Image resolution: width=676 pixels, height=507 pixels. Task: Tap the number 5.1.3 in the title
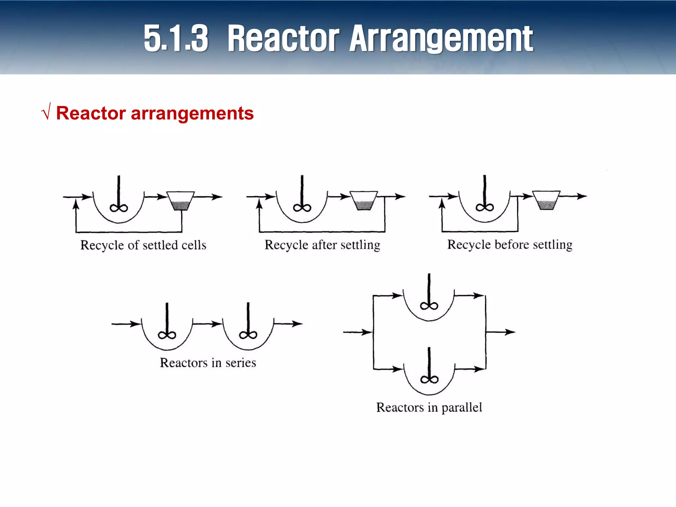pyautogui.click(x=176, y=39)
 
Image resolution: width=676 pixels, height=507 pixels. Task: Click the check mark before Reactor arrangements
pyautogui.click(x=46, y=112)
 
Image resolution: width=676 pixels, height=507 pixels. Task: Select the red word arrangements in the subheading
pyautogui.click(x=192, y=113)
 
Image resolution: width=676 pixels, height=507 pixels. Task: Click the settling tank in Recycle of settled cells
pyautogui.click(x=180, y=201)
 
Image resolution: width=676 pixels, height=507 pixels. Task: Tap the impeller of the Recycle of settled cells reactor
pyautogui.click(x=119, y=208)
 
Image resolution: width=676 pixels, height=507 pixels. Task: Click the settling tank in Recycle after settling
pyautogui.click(x=363, y=201)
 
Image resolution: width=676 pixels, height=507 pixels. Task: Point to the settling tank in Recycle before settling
pyautogui.click(x=546, y=200)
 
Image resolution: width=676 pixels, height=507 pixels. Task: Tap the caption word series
pyautogui.click(x=241, y=363)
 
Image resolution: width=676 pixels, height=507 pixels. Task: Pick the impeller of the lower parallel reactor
pyautogui.click(x=429, y=380)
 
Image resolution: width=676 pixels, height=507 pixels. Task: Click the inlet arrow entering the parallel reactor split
pyautogui.click(x=358, y=332)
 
